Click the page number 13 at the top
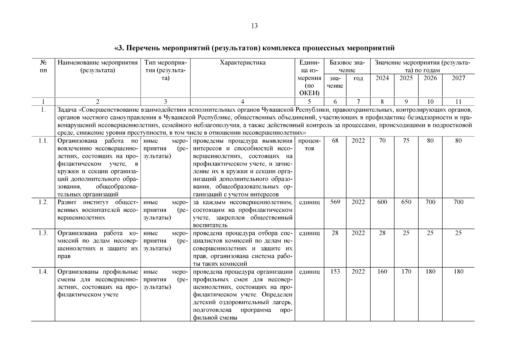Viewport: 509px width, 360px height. (x=254, y=26)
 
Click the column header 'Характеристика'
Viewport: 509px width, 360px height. (x=242, y=63)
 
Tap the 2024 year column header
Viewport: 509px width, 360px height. (x=382, y=78)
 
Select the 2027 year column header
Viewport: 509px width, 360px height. (x=458, y=78)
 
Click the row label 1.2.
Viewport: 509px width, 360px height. (x=43, y=202)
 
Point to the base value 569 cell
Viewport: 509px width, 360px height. (x=335, y=202)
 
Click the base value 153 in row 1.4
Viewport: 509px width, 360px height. (x=335, y=272)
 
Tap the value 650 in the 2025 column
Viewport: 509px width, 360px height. (x=406, y=202)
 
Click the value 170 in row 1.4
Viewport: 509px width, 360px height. (x=406, y=272)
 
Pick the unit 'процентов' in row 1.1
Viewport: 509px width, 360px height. (x=310, y=145)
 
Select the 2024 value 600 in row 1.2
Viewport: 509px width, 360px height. (x=382, y=202)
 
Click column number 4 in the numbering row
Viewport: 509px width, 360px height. (x=242, y=102)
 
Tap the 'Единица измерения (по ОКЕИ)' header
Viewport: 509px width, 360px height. (x=310, y=78)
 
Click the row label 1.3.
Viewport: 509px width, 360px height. (x=43, y=233)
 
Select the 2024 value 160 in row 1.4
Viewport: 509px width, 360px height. (x=382, y=272)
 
